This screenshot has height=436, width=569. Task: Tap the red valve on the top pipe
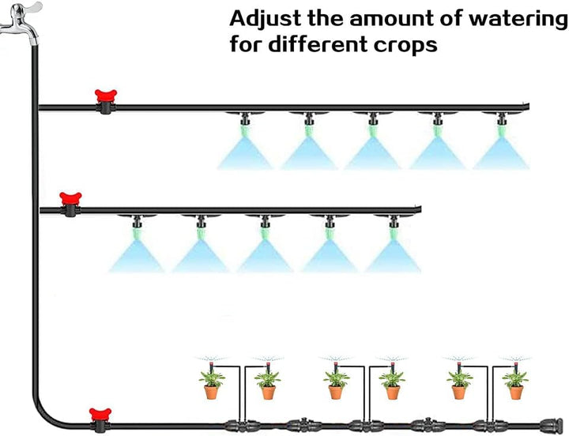click(106, 101)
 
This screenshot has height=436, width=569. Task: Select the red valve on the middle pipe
click(70, 205)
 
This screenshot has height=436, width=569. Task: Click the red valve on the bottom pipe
click(100, 419)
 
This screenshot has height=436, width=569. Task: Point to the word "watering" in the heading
click(517, 20)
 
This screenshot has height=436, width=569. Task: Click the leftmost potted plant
click(212, 384)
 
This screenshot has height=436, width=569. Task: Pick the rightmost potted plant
click(515, 384)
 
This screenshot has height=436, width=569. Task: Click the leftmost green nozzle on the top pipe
click(245, 130)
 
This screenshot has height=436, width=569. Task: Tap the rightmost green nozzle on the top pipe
click(502, 130)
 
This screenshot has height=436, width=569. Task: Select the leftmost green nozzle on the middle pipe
click(138, 232)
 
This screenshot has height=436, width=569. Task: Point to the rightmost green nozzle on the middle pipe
click(394, 232)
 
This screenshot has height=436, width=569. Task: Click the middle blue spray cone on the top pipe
click(373, 153)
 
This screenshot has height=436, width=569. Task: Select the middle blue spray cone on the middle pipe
click(266, 256)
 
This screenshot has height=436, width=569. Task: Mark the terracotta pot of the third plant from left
click(336, 393)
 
